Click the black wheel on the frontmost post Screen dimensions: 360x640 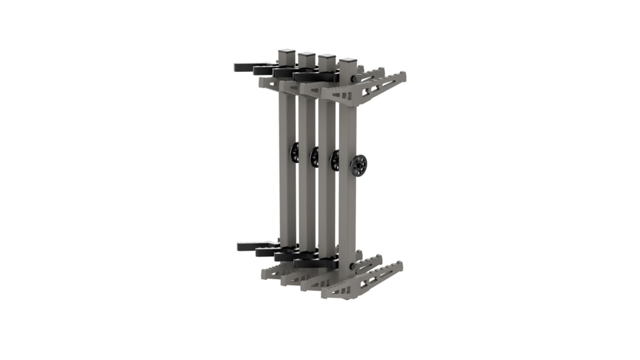359,165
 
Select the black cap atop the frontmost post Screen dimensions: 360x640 347,61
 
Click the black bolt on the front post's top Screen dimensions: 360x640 354,79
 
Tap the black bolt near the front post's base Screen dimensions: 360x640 354,266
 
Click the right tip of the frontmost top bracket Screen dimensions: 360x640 403,77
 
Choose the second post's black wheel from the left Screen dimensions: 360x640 315,156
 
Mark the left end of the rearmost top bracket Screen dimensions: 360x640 262,83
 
